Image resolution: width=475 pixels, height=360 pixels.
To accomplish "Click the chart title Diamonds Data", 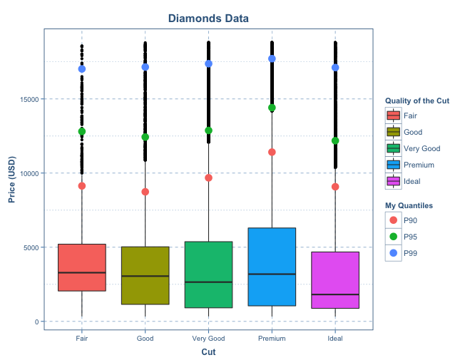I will (208, 18).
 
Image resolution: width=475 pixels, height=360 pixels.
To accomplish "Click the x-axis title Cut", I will (208, 351).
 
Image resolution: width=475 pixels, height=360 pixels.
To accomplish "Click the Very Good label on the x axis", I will (208, 338).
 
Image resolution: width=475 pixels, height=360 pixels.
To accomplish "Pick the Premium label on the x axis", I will (272, 338).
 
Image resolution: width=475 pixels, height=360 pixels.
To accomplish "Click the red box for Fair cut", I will (82, 267).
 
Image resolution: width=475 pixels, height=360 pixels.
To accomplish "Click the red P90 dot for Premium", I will (272, 152).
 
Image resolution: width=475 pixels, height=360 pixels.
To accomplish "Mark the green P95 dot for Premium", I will (272, 108).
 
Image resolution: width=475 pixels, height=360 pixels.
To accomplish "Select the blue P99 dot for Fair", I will (82, 69).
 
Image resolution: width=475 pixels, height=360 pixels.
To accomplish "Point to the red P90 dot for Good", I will (145, 192).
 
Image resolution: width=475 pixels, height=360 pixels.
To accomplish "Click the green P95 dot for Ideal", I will (335, 140).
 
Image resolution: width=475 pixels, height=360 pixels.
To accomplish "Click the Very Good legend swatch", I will (394, 148).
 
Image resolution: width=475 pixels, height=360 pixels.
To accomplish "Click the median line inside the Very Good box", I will (208, 282).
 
